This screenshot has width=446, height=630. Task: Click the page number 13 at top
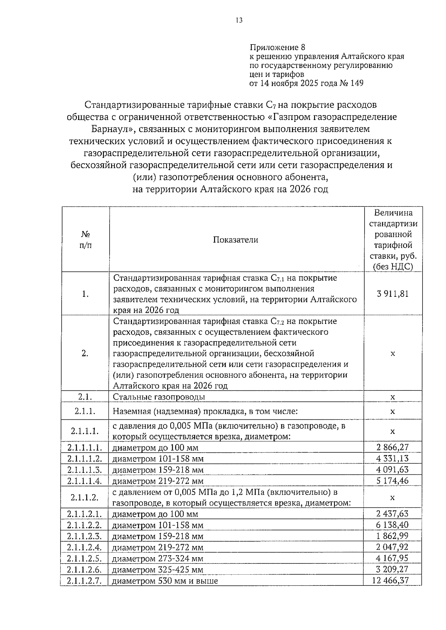click(239, 20)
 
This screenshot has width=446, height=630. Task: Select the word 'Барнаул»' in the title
click(110, 129)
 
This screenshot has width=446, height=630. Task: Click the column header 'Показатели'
click(236, 240)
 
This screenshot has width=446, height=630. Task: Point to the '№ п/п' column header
click(85, 240)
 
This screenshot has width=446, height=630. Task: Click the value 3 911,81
click(392, 294)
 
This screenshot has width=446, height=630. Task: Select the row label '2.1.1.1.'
click(85, 431)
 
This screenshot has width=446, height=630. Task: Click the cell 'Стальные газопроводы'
click(159, 397)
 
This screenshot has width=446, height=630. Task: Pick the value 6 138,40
click(392, 525)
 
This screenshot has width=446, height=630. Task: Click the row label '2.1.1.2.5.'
click(85, 558)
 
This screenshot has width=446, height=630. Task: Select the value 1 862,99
click(392, 536)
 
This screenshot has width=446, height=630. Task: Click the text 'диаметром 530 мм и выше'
click(165, 581)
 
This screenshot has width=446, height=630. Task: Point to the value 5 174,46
click(392, 480)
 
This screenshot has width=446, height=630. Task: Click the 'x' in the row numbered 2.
click(393, 353)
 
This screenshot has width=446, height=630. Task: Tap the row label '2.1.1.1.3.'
click(85, 470)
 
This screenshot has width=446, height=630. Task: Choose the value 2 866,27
click(392, 447)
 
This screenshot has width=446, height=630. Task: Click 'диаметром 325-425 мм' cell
click(158, 569)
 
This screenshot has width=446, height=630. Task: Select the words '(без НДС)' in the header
click(393, 266)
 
